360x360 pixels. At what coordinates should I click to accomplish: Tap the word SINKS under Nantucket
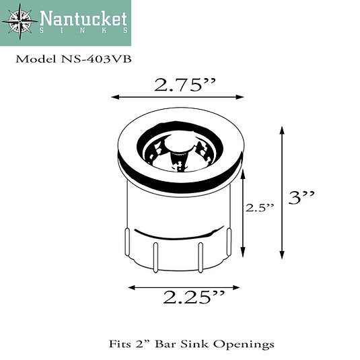[x=83, y=32]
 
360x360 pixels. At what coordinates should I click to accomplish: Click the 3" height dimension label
[x=301, y=198]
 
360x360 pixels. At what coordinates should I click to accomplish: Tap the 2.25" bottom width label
[x=185, y=297]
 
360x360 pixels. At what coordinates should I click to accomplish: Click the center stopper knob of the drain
[x=177, y=143]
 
